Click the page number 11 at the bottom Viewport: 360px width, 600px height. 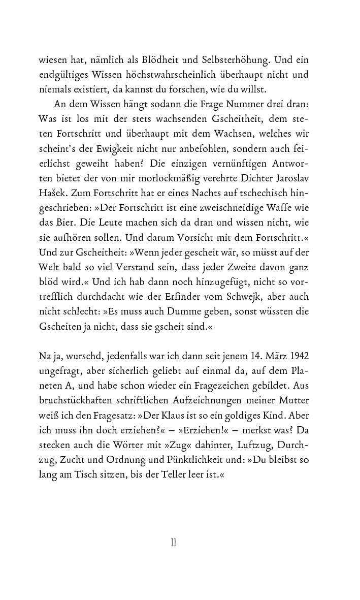point(173,543)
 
